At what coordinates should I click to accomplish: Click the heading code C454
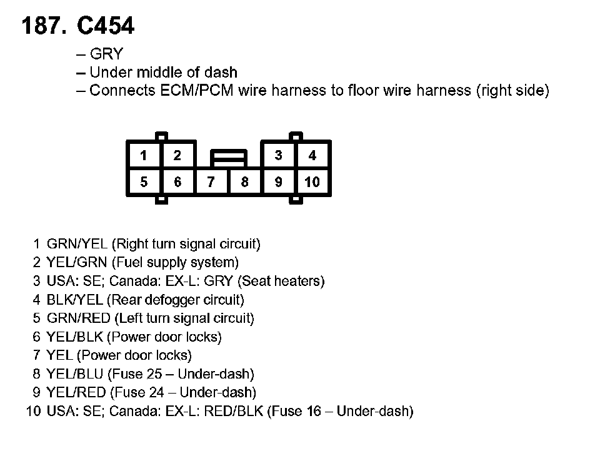point(105,26)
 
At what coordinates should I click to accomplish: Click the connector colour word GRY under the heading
point(106,54)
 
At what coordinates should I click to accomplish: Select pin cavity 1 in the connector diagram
point(144,155)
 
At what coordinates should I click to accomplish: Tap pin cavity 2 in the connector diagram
point(177,155)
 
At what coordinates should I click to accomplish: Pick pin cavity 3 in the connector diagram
point(279,155)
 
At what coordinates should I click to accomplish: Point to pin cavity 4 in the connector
point(312,155)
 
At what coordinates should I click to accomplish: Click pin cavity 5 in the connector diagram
point(144,182)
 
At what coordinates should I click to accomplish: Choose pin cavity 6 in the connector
point(177,182)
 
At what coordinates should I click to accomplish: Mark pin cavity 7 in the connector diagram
point(211,182)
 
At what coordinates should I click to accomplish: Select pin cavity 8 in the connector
point(245,182)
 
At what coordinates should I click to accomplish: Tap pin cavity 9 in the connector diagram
point(279,182)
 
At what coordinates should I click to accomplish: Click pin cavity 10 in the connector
point(312,182)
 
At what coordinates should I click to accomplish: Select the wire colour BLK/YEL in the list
point(75,300)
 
